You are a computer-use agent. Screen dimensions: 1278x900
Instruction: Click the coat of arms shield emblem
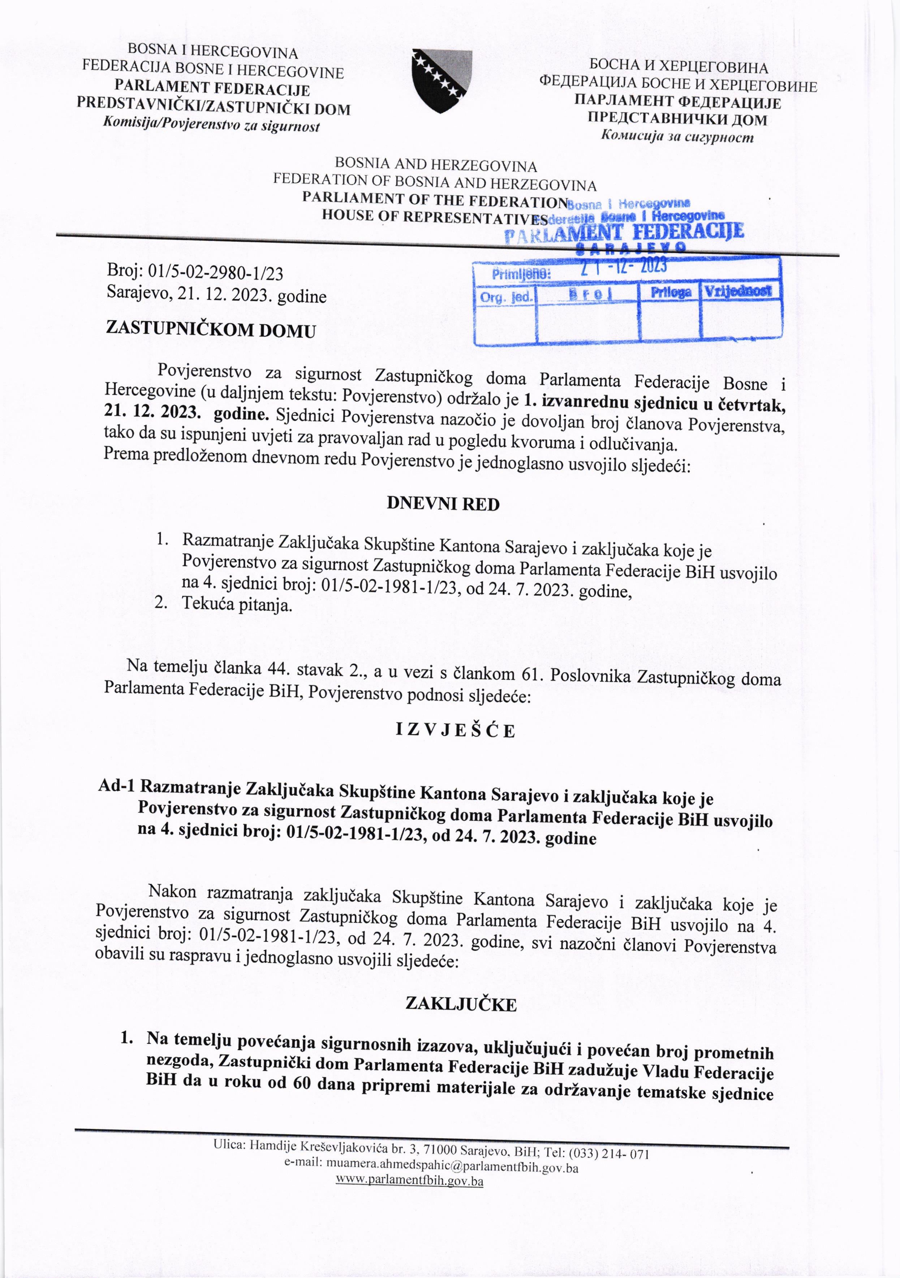point(442,81)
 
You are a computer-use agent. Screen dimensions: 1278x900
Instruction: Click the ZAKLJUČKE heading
point(461,1003)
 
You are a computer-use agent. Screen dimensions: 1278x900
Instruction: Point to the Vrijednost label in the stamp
point(738,291)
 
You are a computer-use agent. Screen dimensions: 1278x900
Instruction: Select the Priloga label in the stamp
point(671,292)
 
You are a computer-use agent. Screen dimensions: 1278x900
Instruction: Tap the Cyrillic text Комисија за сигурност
point(677,137)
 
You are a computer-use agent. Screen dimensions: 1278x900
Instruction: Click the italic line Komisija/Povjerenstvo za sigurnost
point(212,125)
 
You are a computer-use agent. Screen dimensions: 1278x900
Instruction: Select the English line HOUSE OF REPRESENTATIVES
point(434,217)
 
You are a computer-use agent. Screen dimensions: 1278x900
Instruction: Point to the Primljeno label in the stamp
point(521,274)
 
